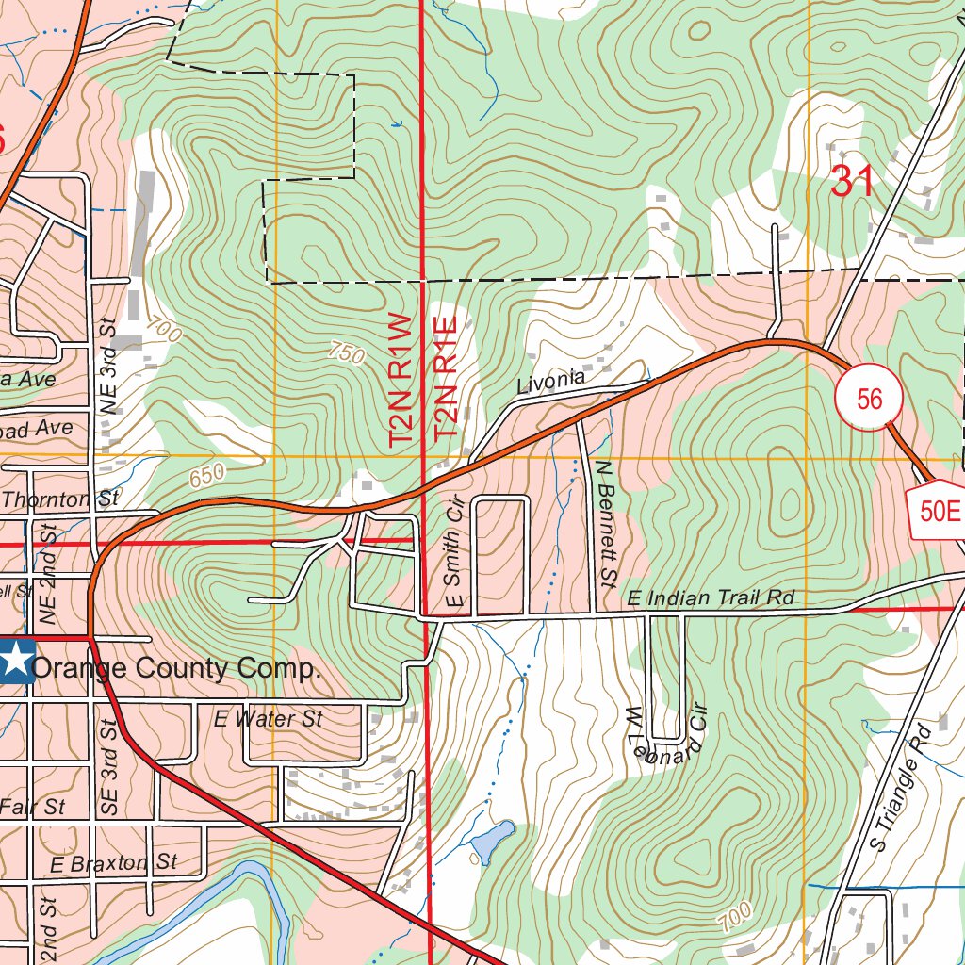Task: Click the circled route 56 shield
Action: (869, 399)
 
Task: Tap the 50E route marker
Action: (939, 512)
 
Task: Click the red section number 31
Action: (853, 181)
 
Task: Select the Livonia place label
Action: (551, 383)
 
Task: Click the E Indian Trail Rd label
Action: (711, 597)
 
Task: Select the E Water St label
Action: (268, 719)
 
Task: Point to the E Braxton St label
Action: (114, 862)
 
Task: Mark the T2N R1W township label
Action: (401, 380)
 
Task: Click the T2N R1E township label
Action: (446, 378)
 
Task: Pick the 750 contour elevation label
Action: (346, 353)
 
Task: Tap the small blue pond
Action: (491, 842)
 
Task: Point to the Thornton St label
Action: (61, 499)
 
